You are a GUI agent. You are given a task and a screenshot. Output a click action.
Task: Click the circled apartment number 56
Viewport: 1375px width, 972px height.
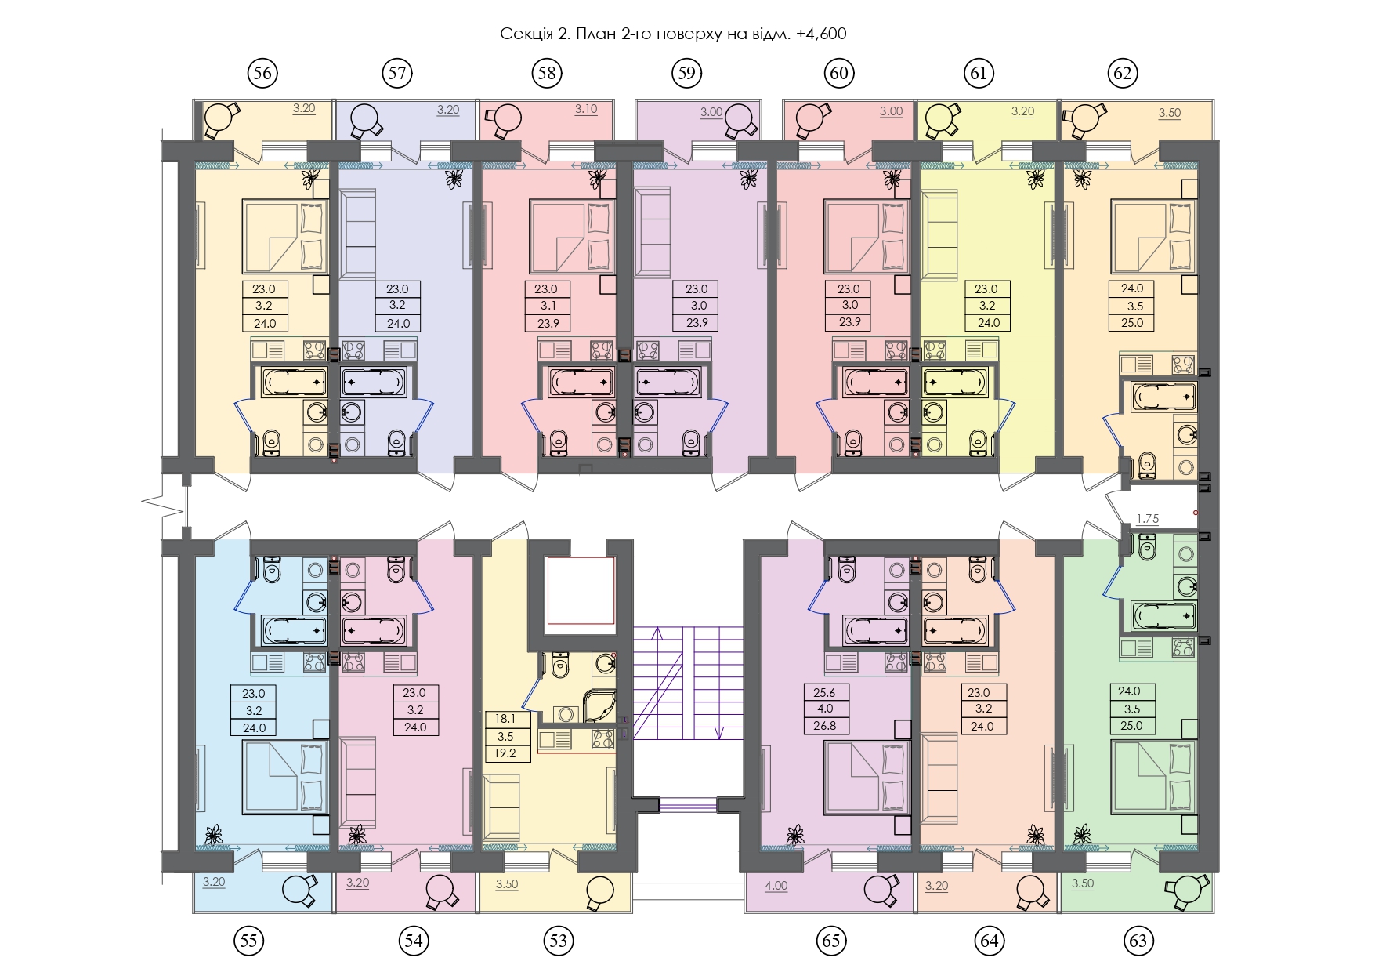262,73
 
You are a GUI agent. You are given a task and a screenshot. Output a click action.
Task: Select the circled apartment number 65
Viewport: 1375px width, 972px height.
832,940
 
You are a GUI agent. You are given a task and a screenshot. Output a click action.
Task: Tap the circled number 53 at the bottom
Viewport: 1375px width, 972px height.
558,940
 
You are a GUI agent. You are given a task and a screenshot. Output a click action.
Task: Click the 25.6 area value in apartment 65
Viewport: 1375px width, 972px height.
824,692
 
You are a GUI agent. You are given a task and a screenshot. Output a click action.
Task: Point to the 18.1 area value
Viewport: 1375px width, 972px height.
505,719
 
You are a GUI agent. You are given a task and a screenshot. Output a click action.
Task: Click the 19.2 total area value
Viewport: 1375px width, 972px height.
505,753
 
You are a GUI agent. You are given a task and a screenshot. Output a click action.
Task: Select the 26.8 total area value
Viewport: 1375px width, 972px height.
824,726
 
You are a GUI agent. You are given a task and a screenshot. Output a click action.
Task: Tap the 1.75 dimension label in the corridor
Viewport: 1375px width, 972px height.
1147,519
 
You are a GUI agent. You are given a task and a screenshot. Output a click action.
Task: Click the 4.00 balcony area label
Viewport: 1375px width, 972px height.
776,886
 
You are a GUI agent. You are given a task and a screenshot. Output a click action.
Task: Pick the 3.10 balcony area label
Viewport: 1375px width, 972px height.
586,109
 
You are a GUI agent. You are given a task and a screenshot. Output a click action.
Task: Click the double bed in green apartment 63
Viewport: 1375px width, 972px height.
1154,777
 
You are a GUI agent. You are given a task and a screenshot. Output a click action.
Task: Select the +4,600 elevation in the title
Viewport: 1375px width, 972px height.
821,34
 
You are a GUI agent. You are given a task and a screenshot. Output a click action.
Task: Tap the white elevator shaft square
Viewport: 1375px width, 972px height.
579,589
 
